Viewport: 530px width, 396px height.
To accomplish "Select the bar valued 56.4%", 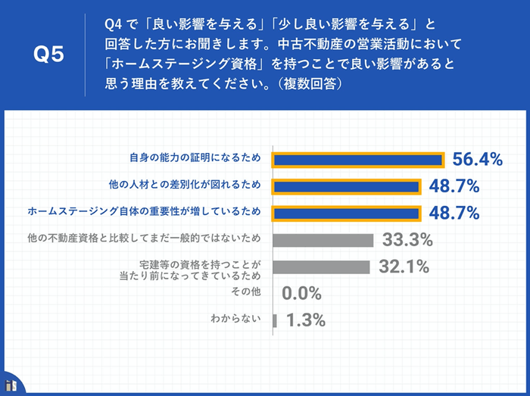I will click(357, 160).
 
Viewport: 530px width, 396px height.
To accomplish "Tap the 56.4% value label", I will click(478, 159).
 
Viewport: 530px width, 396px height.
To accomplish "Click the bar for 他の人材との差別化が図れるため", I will click(346, 186).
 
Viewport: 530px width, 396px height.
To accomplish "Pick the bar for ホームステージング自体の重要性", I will click(346, 213).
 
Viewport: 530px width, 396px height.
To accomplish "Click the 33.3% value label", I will click(407, 240).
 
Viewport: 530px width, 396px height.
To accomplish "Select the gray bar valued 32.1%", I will click(321, 267).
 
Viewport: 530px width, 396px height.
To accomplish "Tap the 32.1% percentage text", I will click(404, 267).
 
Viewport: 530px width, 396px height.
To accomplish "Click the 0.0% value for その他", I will click(301, 293).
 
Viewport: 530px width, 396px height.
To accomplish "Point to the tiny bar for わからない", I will click(275, 320).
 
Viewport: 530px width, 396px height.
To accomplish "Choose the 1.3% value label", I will click(306, 320).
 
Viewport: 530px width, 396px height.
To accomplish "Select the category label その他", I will click(245, 292).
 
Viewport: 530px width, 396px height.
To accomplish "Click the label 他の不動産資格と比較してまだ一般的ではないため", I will click(144, 239).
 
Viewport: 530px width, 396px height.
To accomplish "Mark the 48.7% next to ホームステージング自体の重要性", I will click(454, 213).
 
